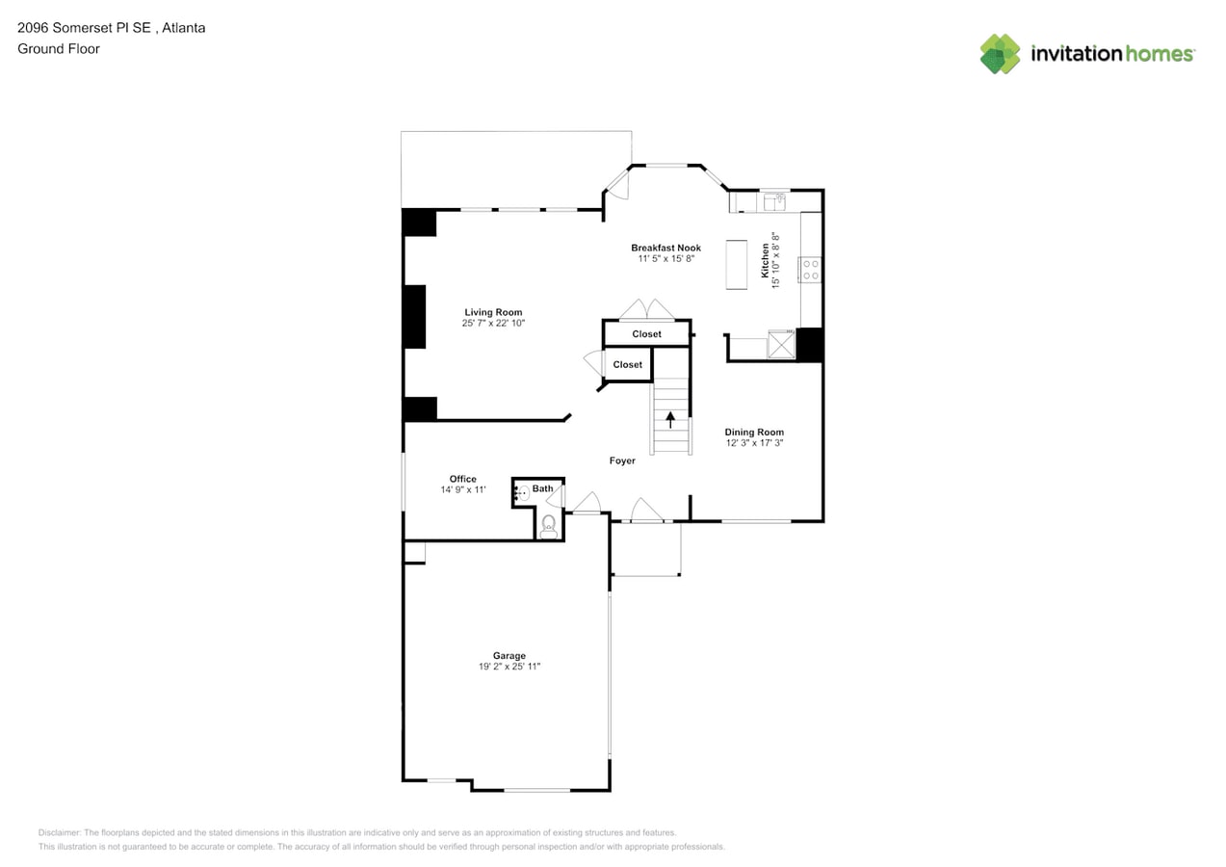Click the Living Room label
(493, 312)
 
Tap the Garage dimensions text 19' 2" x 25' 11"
(509, 667)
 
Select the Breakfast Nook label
(665, 248)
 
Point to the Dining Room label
(754, 433)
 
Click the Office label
(462, 479)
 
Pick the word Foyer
(622, 460)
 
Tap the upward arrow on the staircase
(671, 419)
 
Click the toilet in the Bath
(548, 524)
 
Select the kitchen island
(737, 264)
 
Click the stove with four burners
(810, 269)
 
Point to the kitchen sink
(773, 202)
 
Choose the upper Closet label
(646, 334)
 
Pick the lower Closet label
(627, 364)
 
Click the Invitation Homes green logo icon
(1000, 54)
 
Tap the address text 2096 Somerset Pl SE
(84, 28)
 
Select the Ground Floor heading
(59, 48)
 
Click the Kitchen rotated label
(766, 261)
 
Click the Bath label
(542, 488)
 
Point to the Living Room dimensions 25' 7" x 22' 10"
(493, 324)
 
